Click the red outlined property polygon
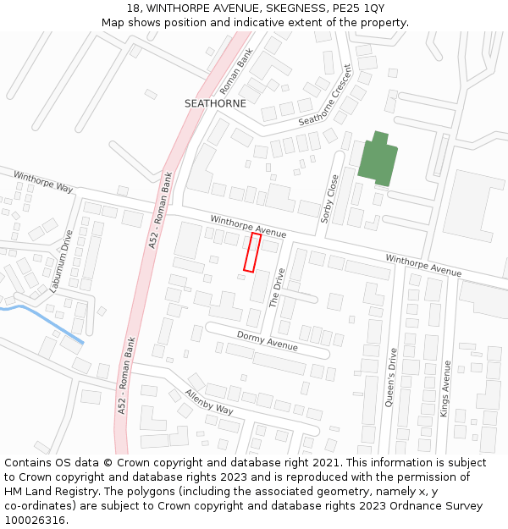click(251, 252)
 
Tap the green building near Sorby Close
click(377, 160)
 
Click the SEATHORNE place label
click(215, 103)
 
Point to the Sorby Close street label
click(329, 199)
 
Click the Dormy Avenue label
click(267, 341)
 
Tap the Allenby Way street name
click(208, 402)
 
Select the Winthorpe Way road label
click(43, 180)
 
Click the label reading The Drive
click(278, 288)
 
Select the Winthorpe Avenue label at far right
click(423, 265)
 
